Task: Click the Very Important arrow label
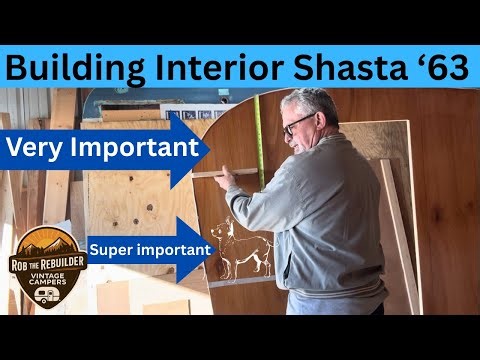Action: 100,150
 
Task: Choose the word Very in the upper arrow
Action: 37,150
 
